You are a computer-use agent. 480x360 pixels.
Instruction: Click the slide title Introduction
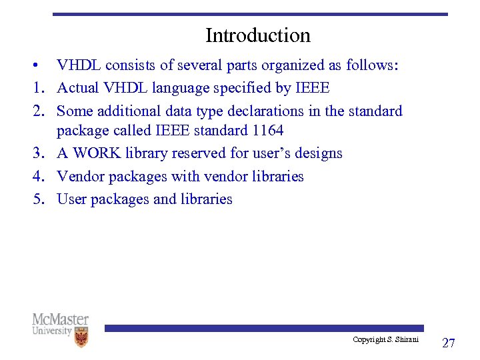point(257,35)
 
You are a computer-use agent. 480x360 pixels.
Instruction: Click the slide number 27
point(449,343)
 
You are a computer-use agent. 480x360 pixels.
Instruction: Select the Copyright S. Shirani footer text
point(385,340)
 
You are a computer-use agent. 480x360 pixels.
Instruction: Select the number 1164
point(266,130)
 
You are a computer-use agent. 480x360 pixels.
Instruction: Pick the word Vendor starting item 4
point(79,176)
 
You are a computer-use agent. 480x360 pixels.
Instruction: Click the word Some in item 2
point(75,111)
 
